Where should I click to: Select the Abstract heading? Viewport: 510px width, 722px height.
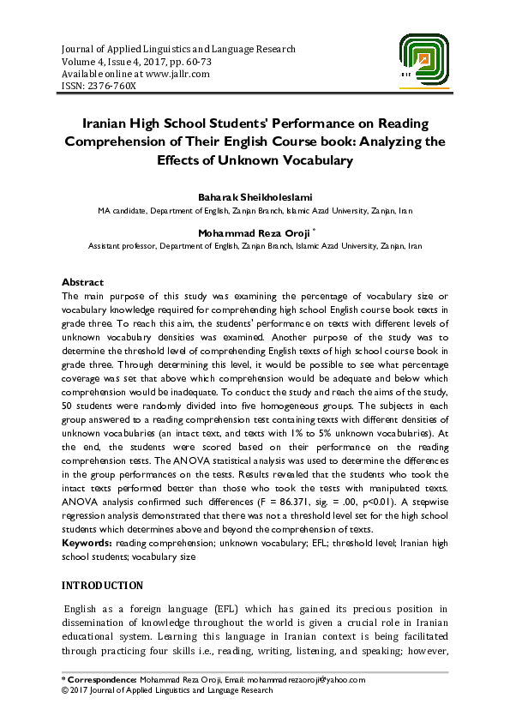82,282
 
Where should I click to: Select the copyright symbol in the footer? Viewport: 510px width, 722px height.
66,690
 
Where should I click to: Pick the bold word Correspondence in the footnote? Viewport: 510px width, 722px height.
103,680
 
